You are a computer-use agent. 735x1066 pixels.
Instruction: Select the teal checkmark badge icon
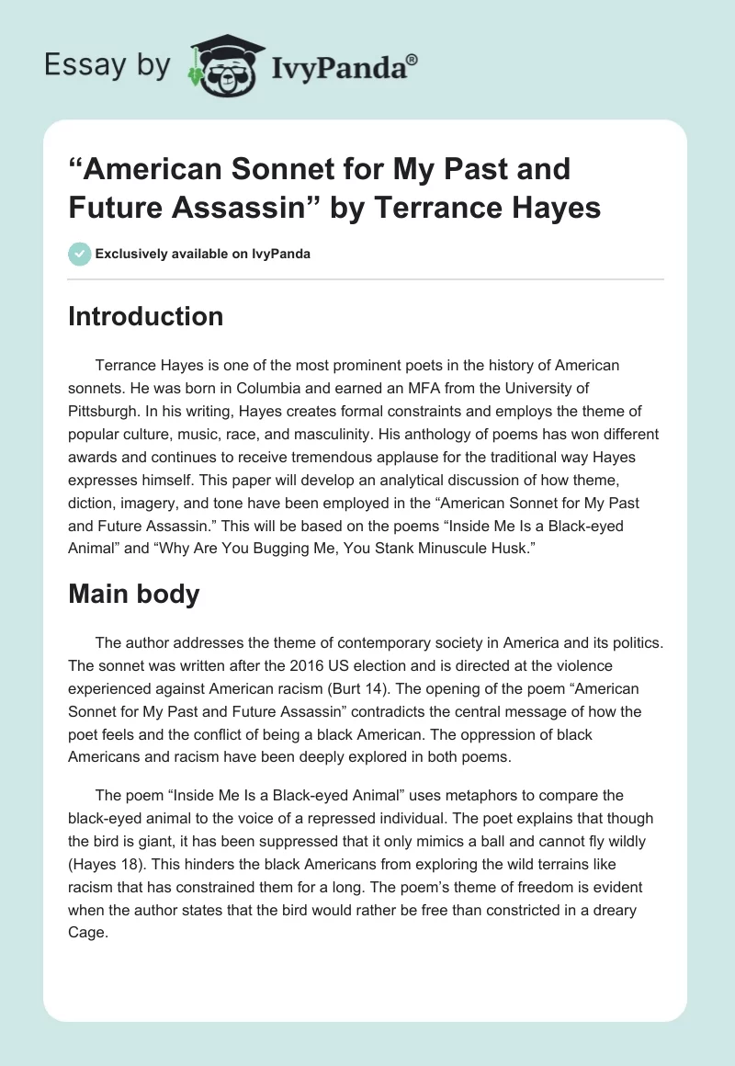(80, 254)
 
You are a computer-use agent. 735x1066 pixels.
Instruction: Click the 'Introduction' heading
(146, 316)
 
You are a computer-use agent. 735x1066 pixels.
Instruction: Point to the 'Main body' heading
(134, 594)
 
